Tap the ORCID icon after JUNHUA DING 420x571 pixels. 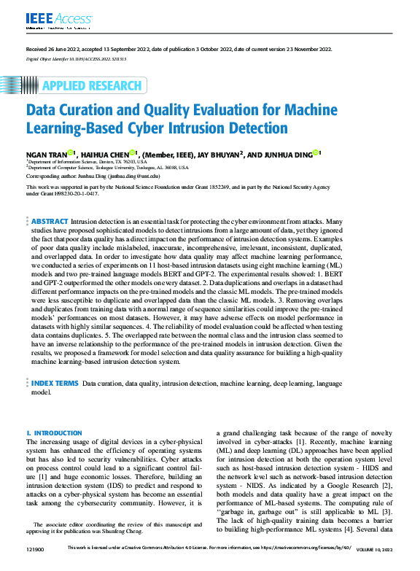point(316,153)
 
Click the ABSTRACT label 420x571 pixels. point(50,221)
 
